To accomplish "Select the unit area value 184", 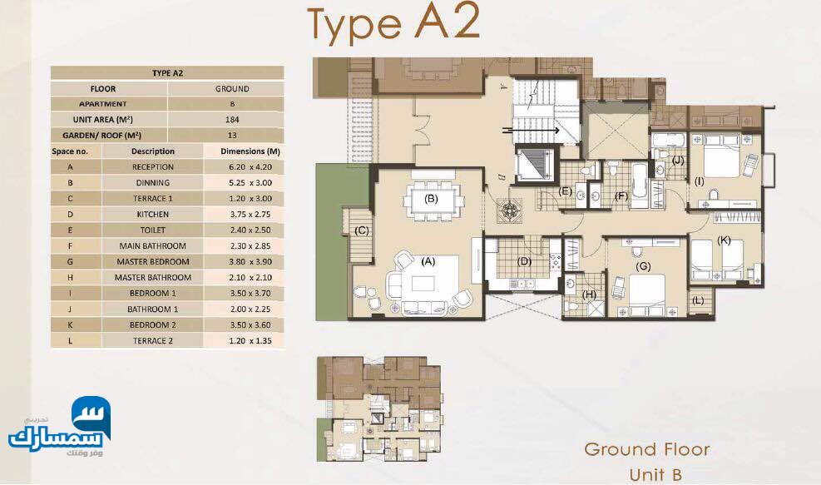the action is click(x=232, y=120).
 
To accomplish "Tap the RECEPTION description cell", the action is click(x=153, y=167).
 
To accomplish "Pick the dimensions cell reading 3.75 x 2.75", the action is click(x=250, y=215).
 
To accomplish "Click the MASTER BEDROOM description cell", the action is click(x=153, y=261).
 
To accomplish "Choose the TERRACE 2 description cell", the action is click(x=153, y=340).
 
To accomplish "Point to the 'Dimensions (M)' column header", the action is click(x=250, y=151).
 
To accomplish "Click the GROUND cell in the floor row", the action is click(x=232, y=89).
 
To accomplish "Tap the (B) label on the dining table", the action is click(x=431, y=199).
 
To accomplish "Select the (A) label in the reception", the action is click(x=428, y=261).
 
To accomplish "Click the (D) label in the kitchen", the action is click(x=524, y=261).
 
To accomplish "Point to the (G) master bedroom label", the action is click(x=643, y=266).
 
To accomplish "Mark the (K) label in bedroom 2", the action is click(x=725, y=240).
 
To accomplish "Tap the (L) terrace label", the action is click(x=698, y=300).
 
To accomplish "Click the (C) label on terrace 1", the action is click(x=362, y=230).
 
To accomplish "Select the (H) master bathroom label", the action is click(x=590, y=294).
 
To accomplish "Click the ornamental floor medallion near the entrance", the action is click(x=509, y=210).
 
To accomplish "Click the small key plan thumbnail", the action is click(x=378, y=409).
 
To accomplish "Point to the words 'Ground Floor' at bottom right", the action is click(x=647, y=449).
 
